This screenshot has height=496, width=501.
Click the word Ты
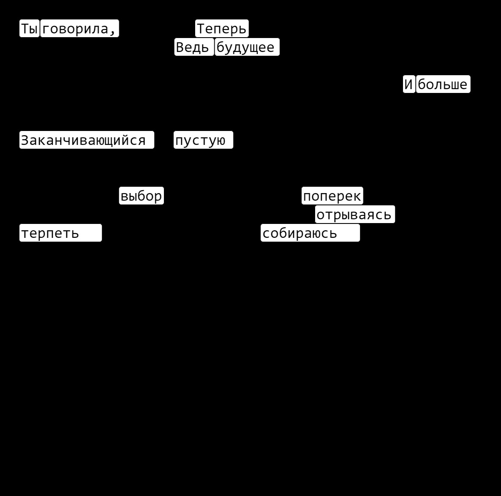tap(30, 28)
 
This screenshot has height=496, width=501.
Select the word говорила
tap(76, 28)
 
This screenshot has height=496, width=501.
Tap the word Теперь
tap(222, 28)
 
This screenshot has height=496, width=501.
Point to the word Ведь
tap(192, 47)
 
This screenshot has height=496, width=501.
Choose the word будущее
tap(245, 47)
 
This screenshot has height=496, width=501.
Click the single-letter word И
tap(408, 84)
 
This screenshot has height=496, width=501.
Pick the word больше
tap(443, 84)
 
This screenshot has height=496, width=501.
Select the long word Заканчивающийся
tap(83, 140)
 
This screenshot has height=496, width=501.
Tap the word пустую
tap(200, 140)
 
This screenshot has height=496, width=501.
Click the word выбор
tap(141, 196)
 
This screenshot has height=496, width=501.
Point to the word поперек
tap(332, 196)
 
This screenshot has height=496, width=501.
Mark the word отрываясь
tap(354, 214)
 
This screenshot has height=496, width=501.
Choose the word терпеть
tap(50, 233)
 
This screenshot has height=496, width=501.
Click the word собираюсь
tap(300, 233)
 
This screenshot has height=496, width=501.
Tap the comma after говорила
tap(112, 31)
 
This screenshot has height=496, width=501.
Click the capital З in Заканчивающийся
tap(25, 140)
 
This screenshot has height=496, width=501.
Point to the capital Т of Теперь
tap(201, 28)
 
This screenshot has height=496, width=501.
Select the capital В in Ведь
tap(180, 47)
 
